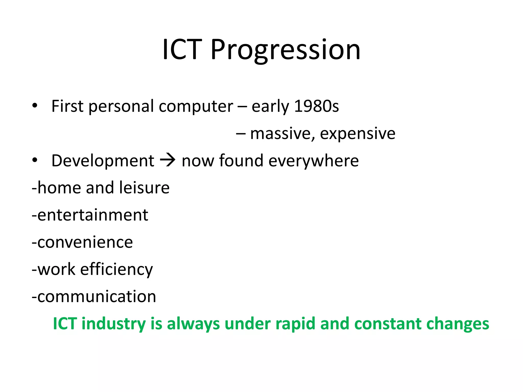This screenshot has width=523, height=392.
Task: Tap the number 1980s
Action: pyautogui.click(x=316, y=106)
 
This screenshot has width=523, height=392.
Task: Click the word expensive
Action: pyautogui.click(x=358, y=133)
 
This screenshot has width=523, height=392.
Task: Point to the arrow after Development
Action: pyautogui.click(x=168, y=161)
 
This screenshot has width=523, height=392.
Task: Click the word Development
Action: pyautogui.click(x=103, y=161)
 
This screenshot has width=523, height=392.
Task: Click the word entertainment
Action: pyautogui.click(x=93, y=215)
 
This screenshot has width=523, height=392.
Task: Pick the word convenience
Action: pyautogui.click(x=85, y=242)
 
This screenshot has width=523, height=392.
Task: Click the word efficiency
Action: pyautogui.click(x=116, y=269)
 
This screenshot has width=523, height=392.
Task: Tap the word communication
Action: pyautogui.click(x=97, y=297)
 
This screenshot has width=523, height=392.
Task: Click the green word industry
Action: pyautogui.click(x=114, y=324)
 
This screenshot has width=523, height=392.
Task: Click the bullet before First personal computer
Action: pyautogui.click(x=35, y=106)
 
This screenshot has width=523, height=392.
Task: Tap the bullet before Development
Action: pyautogui.click(x=35, y=160)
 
